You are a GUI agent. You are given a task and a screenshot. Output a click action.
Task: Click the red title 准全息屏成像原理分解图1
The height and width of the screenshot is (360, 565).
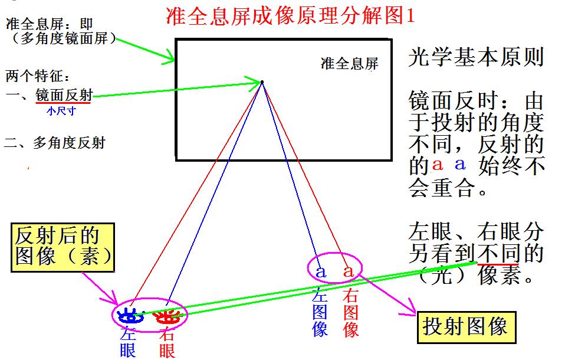[x=290, y=15]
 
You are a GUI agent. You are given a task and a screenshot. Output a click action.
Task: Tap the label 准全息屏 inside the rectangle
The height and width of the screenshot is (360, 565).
[x=350, y=64]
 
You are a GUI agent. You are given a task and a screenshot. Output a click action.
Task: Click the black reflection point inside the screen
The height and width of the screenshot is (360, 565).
[x=262, y=82]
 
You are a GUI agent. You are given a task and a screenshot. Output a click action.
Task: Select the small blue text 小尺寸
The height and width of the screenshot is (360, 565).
[x=61, y=111]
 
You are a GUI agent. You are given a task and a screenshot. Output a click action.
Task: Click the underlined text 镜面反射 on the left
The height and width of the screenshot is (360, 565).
[x=64, y=95]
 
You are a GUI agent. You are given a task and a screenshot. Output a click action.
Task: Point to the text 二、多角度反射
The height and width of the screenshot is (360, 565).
[x=54, y=143]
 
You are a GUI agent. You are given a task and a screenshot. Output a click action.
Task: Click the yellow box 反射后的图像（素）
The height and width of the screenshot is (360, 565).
[x=63, y=247]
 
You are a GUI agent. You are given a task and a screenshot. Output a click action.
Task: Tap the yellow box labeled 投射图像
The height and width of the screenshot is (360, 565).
[x=467, y=327]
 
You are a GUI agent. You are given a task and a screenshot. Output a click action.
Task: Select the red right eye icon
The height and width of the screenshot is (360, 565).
[x=166, y=316]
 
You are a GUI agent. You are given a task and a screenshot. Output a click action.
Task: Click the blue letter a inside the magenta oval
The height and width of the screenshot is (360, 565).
[x=321, y=272]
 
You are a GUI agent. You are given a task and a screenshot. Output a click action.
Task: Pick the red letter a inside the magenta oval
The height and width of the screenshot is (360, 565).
[x=349, y=271]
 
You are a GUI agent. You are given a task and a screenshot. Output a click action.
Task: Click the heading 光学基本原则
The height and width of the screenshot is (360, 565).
[x=476, y=57]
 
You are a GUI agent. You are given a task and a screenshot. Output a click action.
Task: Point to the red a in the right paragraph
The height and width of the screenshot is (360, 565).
[x=437, y=165]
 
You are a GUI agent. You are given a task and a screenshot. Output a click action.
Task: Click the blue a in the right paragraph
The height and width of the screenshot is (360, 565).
[x=460, y=164]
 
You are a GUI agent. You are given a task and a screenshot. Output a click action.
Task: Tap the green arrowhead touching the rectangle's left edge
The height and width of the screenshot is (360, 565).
[x=169, y=57]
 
